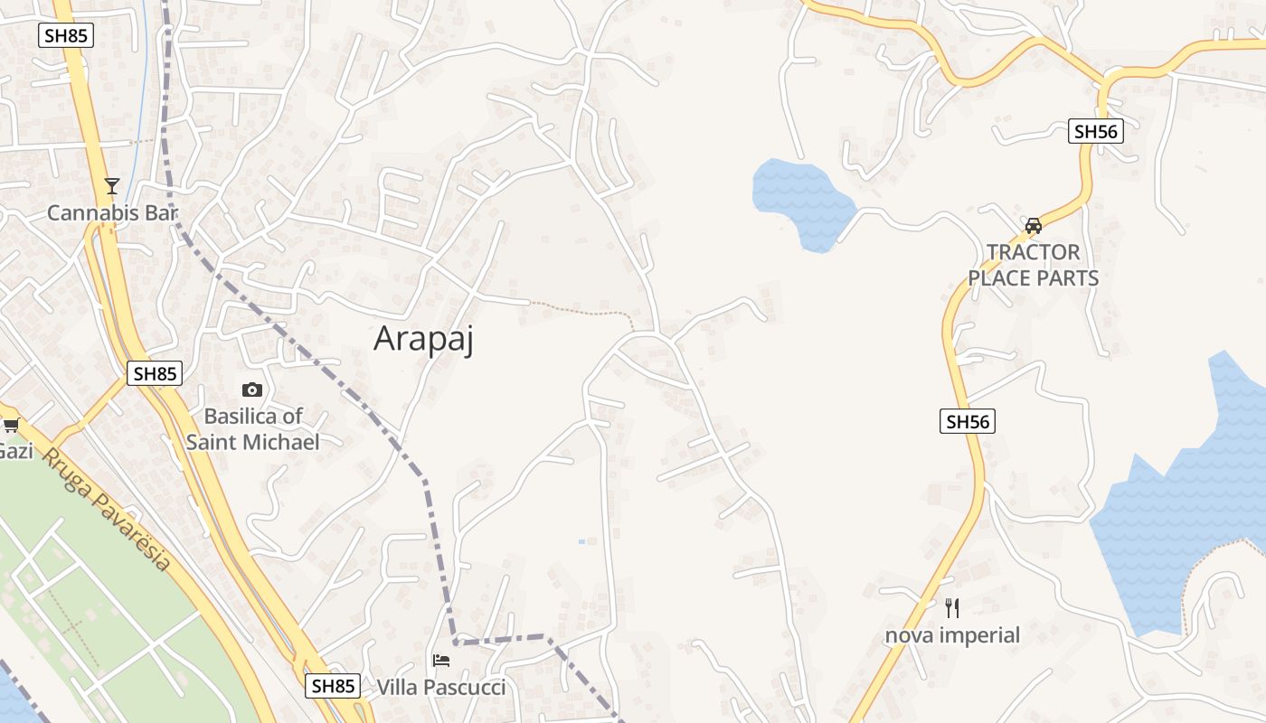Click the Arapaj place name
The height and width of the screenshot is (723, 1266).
423,339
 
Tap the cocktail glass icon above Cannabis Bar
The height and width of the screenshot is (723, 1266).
112,186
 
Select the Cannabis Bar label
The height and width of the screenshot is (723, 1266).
112,213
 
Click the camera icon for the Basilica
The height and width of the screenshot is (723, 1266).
252,390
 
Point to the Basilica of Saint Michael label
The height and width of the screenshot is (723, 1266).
252,429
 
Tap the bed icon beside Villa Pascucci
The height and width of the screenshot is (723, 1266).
441,660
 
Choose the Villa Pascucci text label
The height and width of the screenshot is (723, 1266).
441,688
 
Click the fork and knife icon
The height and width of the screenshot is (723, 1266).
951,607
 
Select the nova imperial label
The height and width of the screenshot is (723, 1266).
952,635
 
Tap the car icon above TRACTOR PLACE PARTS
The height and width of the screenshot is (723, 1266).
1034,225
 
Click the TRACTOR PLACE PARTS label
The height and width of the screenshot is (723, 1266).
1034,265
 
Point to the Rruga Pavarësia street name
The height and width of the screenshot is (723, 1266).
118,510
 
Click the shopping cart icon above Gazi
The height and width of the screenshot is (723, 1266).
11,425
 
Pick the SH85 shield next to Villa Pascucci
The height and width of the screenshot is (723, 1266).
332,686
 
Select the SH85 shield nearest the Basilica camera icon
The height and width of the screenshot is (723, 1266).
155,373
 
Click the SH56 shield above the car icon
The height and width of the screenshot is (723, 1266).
1095,131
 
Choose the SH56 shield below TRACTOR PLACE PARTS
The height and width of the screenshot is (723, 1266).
967,421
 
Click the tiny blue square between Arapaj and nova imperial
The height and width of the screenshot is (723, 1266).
581,541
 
